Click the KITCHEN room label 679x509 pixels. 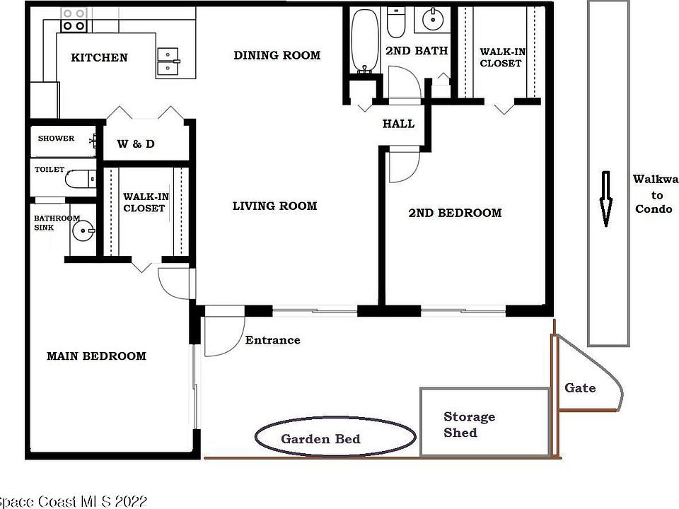tap(99, 57)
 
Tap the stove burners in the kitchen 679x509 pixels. tap(74, 20)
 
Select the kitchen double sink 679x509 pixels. tap(168, 62)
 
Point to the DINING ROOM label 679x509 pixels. tap(277, 55)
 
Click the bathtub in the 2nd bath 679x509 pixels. tap(365, 41)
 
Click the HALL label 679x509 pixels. tap(398, 124)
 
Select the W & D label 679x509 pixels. tap(136, 144)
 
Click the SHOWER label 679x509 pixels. tap(56, 139)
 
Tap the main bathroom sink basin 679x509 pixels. tap(85, 230)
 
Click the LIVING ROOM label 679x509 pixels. tap(274, 206)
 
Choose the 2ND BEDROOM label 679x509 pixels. tap(455, 213)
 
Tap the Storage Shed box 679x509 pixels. tap(484, 422)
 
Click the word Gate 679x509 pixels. tap(580, 387)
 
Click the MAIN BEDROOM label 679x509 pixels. tap(96, 356)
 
